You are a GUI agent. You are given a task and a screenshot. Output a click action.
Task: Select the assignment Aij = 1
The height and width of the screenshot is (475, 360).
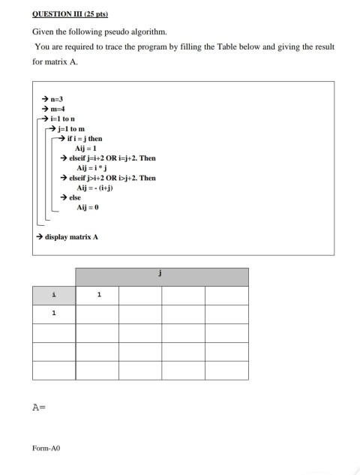click(88, 149)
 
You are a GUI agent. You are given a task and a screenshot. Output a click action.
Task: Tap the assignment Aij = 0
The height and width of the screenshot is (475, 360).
click(88, 207)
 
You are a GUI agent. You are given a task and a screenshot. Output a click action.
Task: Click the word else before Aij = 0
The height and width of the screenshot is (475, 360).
click(75, 197)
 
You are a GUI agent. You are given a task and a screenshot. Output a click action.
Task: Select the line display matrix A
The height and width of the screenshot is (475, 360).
click(72, 236)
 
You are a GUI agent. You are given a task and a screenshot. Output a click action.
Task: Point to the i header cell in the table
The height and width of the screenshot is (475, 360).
click(53, 295)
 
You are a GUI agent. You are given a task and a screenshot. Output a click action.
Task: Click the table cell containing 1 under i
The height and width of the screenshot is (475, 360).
click(53, 314)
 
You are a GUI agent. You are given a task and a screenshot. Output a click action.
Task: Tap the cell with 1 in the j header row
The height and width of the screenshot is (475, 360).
click(97, 295)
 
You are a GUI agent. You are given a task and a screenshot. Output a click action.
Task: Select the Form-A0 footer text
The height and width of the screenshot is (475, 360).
click(45, 448)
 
